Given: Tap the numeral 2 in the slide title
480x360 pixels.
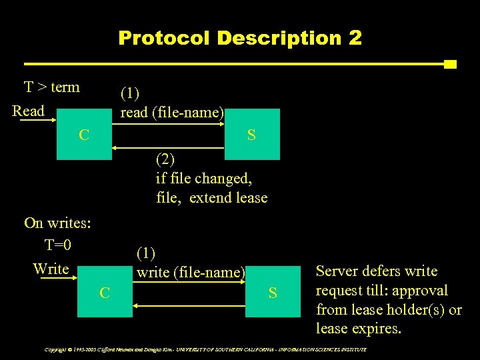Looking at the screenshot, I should coord(354,38).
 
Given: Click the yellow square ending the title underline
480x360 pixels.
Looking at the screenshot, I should coord(450,65).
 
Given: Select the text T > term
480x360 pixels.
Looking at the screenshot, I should coord(52,87).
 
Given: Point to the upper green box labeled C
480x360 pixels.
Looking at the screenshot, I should coord(84,135).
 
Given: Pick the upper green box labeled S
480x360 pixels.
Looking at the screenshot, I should coord(252,135).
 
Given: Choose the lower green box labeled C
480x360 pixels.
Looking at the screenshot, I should coord(105,293).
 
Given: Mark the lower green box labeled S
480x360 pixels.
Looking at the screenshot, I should coord(273,293).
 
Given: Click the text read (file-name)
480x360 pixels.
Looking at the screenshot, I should coord(172,112).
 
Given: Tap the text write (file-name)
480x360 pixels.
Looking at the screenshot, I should coord(191,272).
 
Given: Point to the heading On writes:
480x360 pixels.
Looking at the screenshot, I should coord(57,223).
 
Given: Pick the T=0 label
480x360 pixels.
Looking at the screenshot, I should coord(57,245).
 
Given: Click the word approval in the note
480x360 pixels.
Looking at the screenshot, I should coord(420,291).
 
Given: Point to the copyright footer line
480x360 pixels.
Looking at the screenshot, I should coord(205,349).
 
